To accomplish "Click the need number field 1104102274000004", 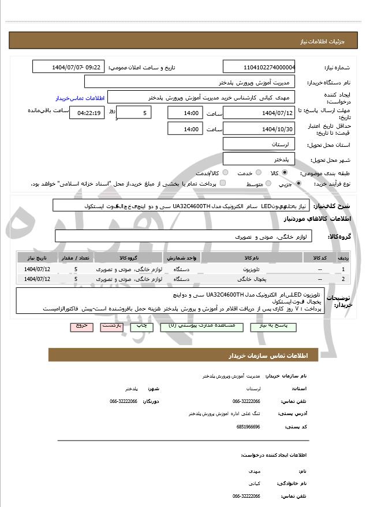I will (x=259, y=67).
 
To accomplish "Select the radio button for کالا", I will (x=285, y=173).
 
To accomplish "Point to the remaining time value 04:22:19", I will (x=87, y=113).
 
